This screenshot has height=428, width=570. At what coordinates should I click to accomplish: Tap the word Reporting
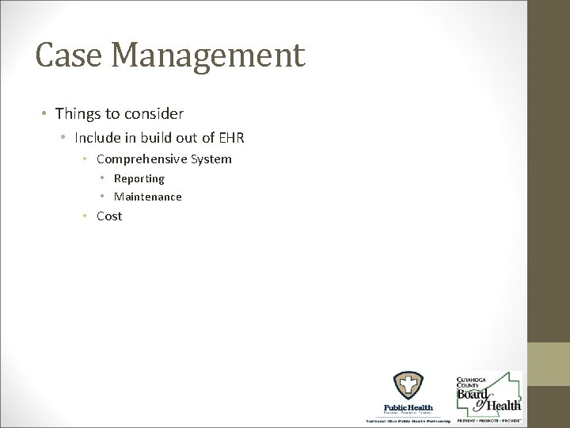[x=139, y=179]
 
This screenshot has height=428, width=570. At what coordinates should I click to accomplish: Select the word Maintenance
[x=148, y=197]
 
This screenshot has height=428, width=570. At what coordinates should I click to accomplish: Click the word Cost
[x=109, y=216]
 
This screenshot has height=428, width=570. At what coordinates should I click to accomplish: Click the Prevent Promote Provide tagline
[x=488, y=420]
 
